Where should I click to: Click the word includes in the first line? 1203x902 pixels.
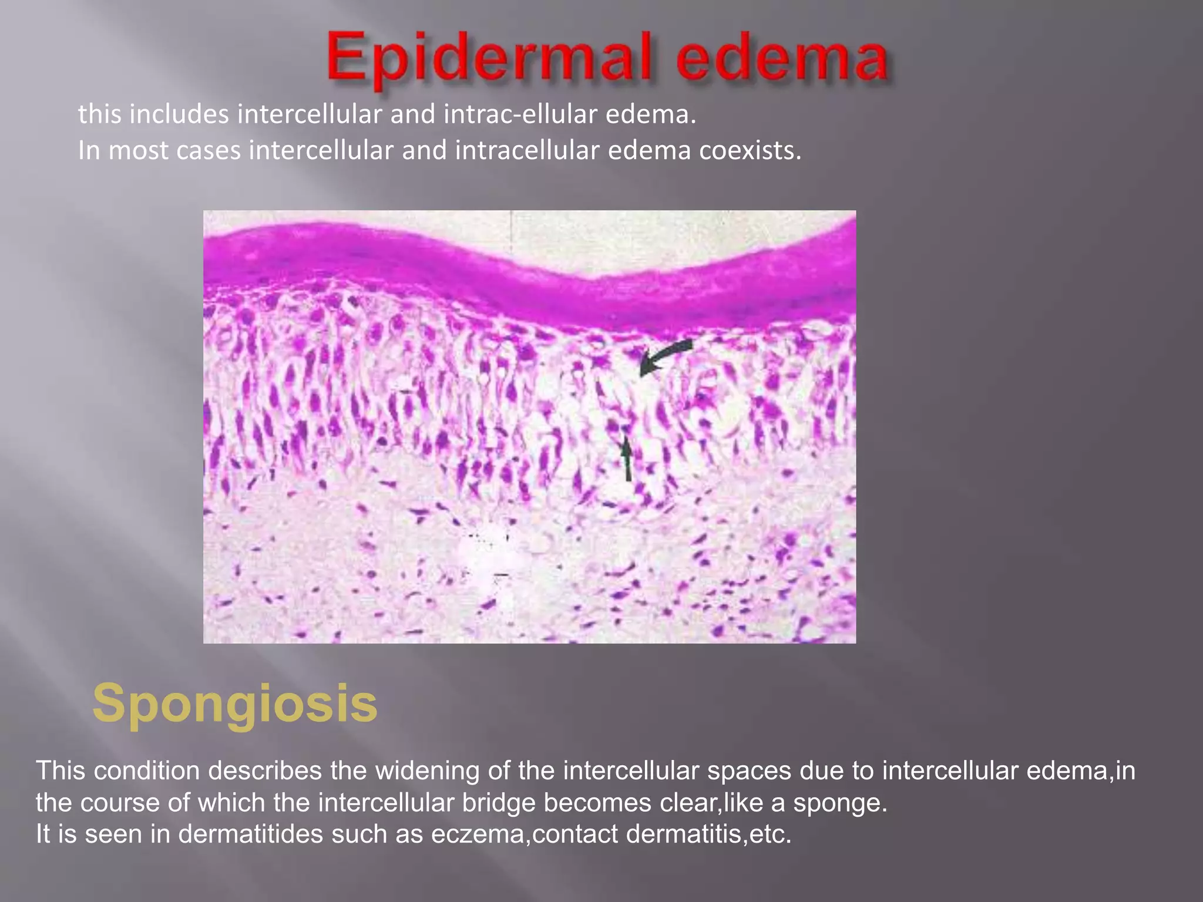pyautogui.click(x=179, y=115)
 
